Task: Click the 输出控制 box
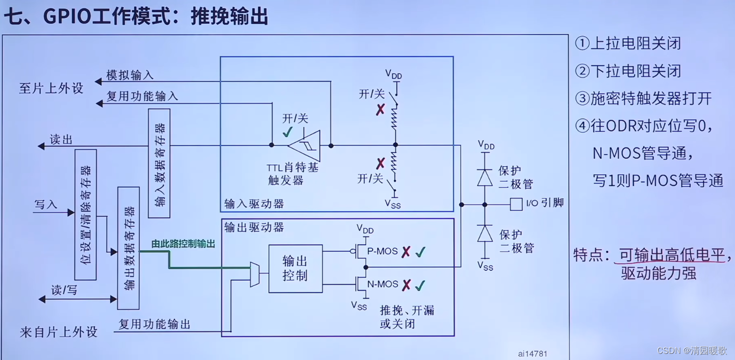[295, 269]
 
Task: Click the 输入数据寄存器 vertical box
[159, 163]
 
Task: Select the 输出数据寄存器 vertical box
[128, 248]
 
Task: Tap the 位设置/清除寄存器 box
[85, 215]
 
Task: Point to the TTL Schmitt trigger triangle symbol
[305, 145]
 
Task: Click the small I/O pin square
[516, 204]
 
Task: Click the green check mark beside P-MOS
[420, 252]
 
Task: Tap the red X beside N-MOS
[406, 285]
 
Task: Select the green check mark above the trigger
[288, 132]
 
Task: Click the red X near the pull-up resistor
[381, 109]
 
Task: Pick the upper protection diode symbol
[485, 177]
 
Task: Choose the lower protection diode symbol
[485, 234]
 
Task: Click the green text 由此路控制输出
[183, 244]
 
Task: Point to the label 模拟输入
[130, 75]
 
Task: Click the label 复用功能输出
[155, 324]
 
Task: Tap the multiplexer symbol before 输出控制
[255, 275]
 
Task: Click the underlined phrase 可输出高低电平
[672, 254]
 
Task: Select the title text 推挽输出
[230, 16]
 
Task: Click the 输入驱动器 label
[254, 204]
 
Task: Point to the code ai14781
[533, 353]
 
